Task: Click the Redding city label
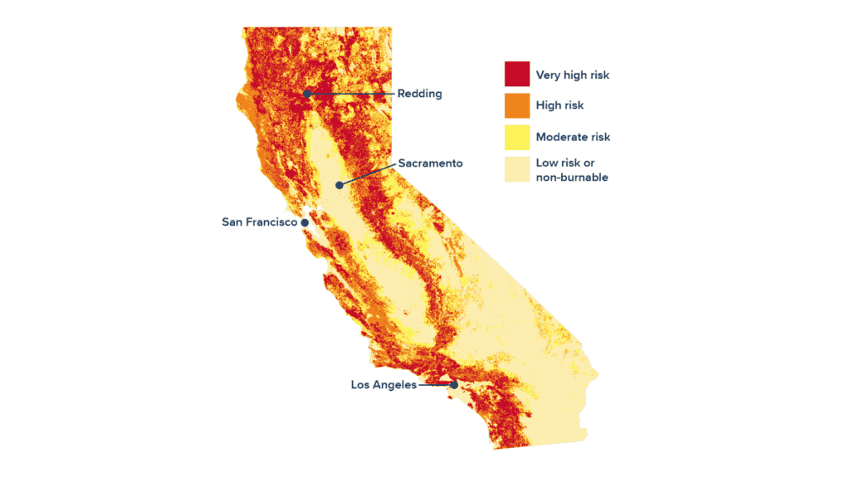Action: (419, 94)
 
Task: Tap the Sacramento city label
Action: (430, 163)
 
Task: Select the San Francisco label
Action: (259, 222)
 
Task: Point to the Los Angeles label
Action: (383, 385)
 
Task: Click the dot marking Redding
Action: (307, 94)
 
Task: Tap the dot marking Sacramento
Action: (339, 185)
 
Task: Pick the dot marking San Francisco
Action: (305, 222)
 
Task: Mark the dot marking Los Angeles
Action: (454, 384)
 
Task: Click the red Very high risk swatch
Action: (516, 74)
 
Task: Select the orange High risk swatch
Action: (516, 105)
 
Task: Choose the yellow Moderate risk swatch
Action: (516, 136)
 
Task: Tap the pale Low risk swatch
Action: (516, 168)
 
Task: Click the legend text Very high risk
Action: (572, 75)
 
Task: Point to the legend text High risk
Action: (559, 105)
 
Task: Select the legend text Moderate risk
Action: (573, 137)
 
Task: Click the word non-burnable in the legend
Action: (572, 178)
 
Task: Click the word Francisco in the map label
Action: (275, 222)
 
